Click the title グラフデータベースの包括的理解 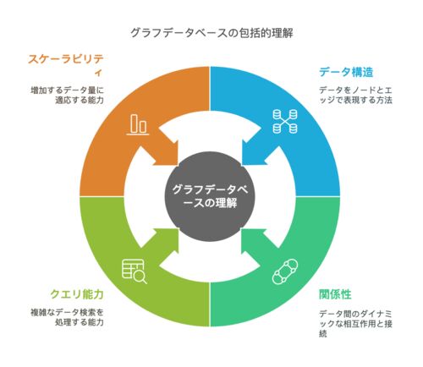[211, 33]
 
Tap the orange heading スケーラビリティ [66, 65]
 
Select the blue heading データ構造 [346, 72]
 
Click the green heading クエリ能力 [77, 294]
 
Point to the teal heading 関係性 [335, 294]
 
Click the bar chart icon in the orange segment [138, 124]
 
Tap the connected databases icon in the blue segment [285, 122]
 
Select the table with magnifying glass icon [135, 271]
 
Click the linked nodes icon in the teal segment [285, 271]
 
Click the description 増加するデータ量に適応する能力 [67, 96]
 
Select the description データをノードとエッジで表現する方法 [355, 96]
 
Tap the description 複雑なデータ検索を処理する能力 [67, 317]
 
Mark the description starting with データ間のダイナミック [355, 324]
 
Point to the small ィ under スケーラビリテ [98, 74]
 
